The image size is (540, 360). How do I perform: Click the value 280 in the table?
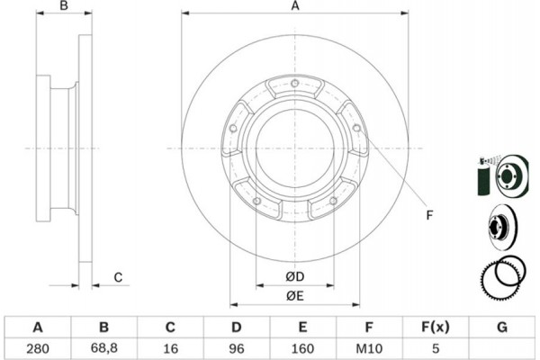coord(38,348)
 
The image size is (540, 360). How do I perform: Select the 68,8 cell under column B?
coord(104,348)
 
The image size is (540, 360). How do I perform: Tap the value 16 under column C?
coord(170,348)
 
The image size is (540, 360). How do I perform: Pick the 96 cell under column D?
coord(236,348)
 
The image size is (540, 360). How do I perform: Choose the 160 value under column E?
coord(302,348)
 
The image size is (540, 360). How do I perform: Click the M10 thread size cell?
coord(369,348)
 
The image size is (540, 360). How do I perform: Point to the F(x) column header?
coord(436,327)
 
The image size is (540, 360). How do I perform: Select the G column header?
coord(502,327)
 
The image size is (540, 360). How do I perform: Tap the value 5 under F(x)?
coord(436,348)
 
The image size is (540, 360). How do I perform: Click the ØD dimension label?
coord(295,276)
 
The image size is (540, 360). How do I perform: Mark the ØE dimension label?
coord(295,296)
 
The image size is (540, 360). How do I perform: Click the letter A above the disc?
coord(295,6)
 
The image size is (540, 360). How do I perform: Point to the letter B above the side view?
coord(64,5)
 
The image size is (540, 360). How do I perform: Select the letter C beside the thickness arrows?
coord(118,277)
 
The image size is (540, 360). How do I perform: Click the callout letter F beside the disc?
coord(429,215)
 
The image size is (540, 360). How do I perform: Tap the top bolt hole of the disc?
coord(295,83)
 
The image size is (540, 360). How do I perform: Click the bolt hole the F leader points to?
coord(356,128)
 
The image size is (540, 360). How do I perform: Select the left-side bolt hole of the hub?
coord(233,129)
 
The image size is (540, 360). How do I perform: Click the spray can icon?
coord(484,176)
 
